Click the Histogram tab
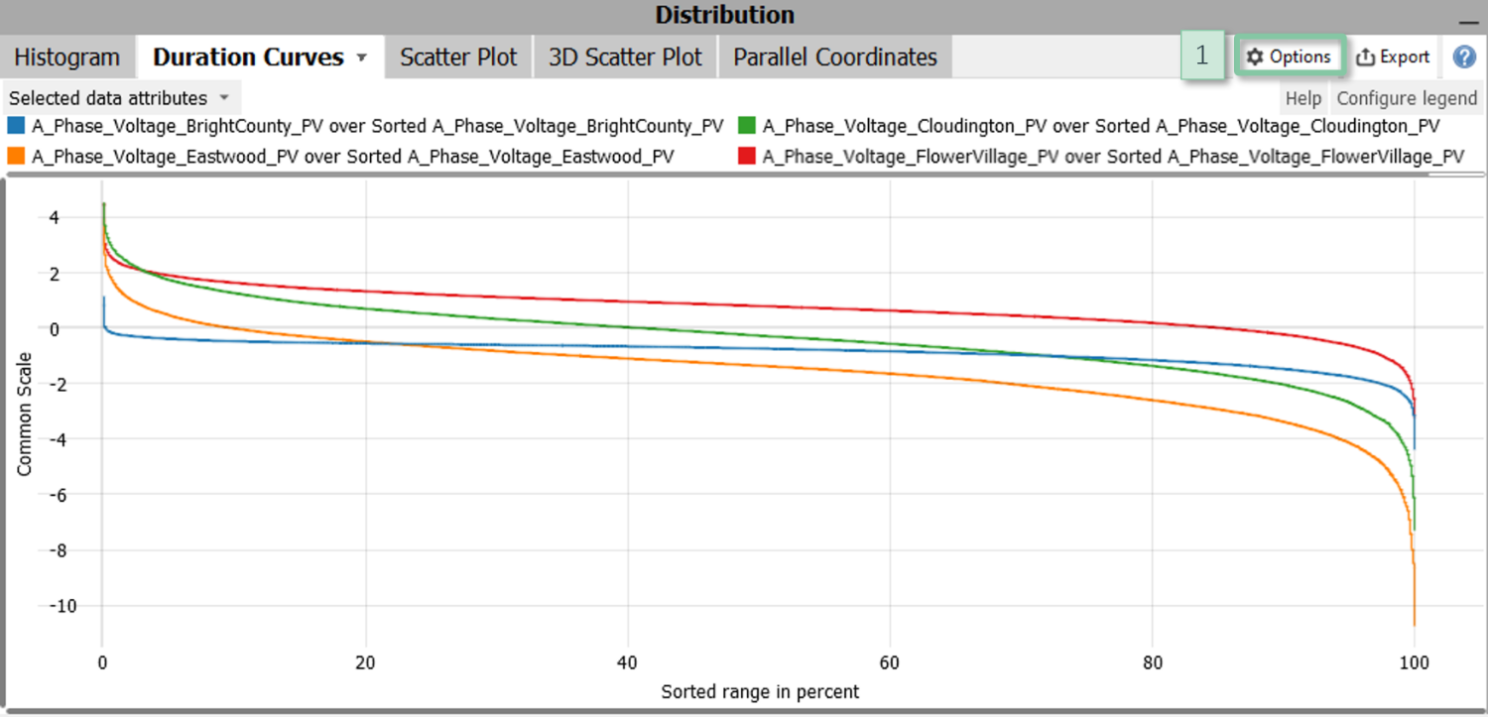click(66, 58)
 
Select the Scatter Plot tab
click(458, 58)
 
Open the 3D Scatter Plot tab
click(625, 58)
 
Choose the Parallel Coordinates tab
click(835, 58)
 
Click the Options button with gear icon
click(1289, 58)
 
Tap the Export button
click(1393, 58)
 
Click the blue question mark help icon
click(1464, 58)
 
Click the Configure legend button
click(1407, 98)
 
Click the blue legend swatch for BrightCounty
click(16, 127)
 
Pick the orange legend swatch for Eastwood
click(16, 157)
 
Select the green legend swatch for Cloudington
click(747, 127)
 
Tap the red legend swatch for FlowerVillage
click(747, 157)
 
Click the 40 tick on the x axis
click(627, 662)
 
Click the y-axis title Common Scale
click(25, 414)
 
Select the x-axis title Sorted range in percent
click(760, 691)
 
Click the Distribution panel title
click(724, 16)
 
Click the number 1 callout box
click(1202, 58)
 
